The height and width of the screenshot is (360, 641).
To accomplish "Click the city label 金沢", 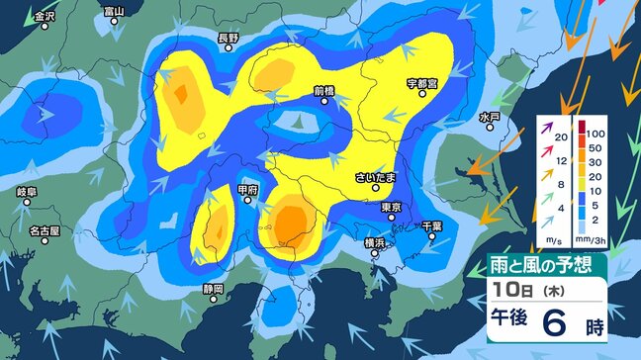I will coord(43,18).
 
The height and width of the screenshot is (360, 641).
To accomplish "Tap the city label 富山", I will coord(115,12).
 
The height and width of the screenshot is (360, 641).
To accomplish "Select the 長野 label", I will coord(229,40).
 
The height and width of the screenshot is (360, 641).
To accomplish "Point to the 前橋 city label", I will coord(324,90).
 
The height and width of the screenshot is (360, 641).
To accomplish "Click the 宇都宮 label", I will coord(422,82).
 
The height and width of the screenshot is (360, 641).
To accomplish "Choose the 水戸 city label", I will coord(490,117).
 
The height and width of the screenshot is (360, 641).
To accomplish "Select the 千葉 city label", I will coord(432,225).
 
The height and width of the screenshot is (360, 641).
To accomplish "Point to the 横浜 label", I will coord(375,241).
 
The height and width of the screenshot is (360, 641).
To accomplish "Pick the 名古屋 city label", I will coord(44,230).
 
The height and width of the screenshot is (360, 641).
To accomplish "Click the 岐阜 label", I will coord(27,191).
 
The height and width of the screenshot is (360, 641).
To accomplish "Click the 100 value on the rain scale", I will coord(595,131).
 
